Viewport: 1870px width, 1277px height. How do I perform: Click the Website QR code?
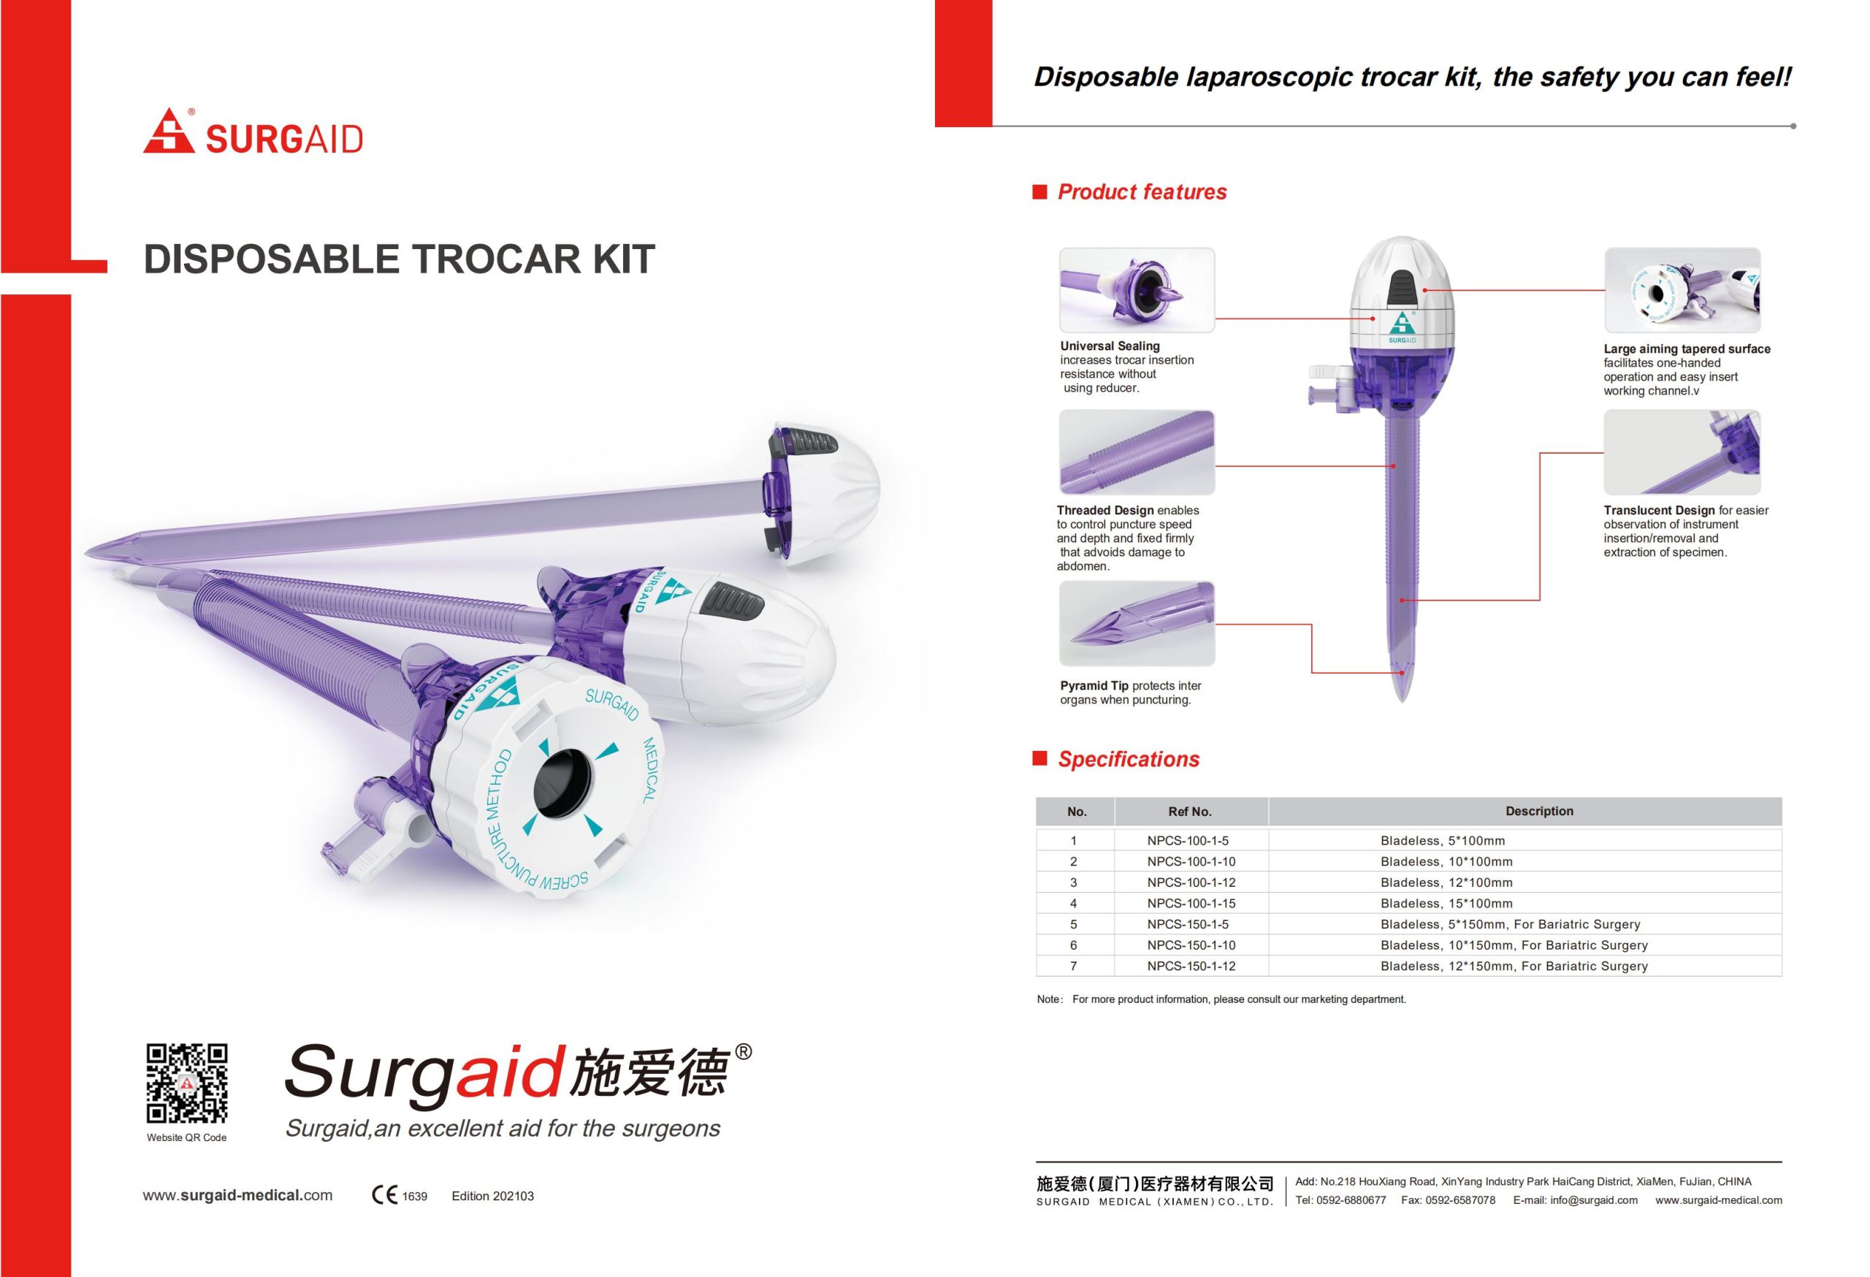(187, 1083)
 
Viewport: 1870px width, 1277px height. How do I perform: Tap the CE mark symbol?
(383, 1196)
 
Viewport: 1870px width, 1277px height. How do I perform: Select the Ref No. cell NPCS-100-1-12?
(1191, 882)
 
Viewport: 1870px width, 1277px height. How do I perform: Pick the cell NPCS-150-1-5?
(1188, 923)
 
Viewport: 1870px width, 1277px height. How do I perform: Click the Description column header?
(1538, 811)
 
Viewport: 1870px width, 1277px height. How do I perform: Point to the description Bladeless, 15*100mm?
(1446, 903)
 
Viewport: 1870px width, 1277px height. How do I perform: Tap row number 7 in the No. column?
(1073, 966)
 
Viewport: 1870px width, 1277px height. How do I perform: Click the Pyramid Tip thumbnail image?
(1136, 624)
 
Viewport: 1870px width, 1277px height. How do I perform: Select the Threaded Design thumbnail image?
(1136, 452)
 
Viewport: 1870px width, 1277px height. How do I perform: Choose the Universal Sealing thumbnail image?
(1136, 290)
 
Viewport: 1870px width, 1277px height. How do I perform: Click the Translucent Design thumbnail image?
(1682, 452)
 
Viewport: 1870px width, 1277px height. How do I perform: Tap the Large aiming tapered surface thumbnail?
(1682, 290)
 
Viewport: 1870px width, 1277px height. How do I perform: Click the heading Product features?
(1142, 191)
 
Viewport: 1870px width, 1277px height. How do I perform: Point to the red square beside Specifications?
(1039, 758)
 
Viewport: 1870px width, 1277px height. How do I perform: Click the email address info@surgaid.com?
(1575, 1200)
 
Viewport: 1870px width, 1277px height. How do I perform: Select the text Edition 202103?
(492, 1196)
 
